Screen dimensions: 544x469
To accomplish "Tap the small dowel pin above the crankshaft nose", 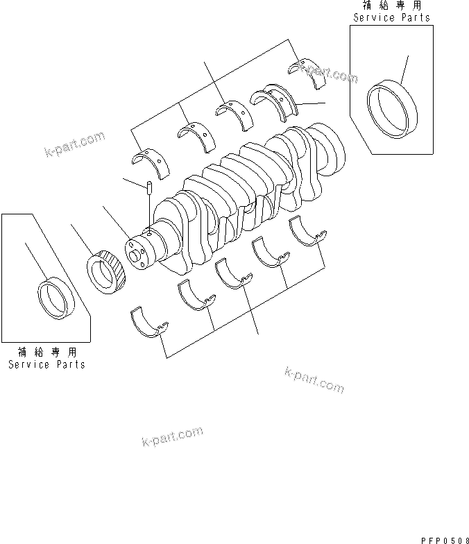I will (x=148, y=187).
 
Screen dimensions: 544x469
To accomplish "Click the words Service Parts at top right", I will (x=391, y=17).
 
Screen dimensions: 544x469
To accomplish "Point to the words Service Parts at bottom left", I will (x=46, y=364).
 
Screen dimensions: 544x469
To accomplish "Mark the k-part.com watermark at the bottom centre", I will (x=172, y=437).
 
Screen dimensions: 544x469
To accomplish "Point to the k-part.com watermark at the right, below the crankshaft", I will (x=314, y=380).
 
